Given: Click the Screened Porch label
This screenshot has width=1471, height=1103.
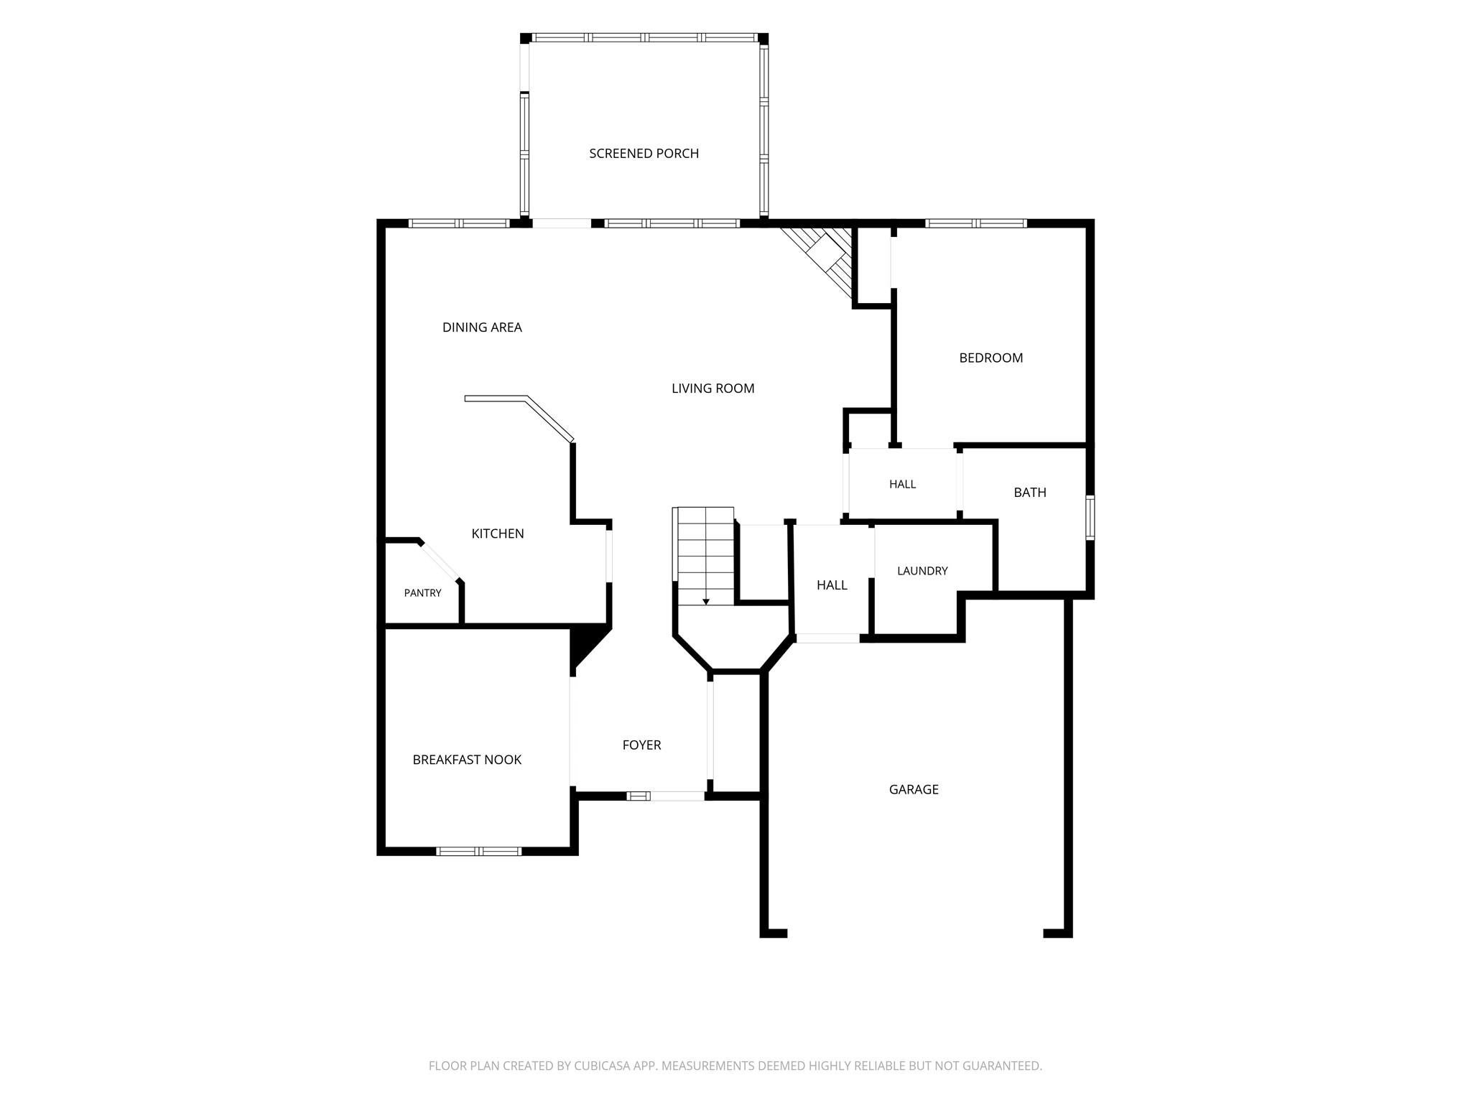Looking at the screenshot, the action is pos(644,153).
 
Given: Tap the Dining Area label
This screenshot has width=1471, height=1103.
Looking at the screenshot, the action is pos(482,327).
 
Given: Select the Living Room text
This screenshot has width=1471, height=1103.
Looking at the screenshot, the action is pos(713,388).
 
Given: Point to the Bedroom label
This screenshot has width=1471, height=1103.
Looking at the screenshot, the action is pos(990,358).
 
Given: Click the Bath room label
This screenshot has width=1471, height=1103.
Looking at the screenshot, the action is pos(1029,493).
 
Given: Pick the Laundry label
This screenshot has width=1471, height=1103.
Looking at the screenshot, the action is pos(922,571).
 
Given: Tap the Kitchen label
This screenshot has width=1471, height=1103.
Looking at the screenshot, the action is pos(497,534).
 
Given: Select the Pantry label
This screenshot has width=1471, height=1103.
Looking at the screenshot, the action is pos(422,593).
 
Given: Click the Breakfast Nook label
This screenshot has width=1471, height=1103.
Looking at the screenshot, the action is pos(467,760).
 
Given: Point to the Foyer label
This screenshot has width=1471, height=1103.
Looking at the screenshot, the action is pos(641,745).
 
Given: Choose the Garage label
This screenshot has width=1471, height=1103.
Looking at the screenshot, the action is pos(914,790).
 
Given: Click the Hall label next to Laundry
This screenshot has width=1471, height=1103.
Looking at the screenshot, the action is pos(832,585).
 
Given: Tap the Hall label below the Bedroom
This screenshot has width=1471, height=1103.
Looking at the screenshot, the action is pos(902,484).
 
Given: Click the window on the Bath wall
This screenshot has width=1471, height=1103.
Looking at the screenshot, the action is pos(1090,517).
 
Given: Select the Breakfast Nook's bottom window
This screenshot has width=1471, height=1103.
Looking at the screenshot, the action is pos(479,851).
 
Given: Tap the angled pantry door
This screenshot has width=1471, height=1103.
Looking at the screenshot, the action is pos(440,560).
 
